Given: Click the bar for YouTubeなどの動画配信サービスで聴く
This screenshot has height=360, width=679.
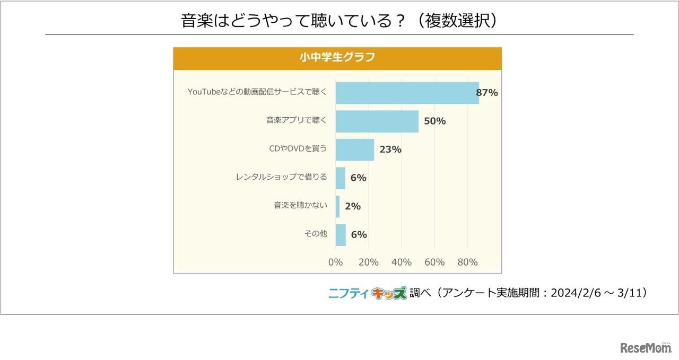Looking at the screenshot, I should click(x=407, y=93).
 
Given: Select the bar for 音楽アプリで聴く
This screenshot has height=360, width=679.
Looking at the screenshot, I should click(x=377, y=121).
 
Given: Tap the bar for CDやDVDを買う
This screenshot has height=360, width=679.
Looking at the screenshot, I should click(x=354, y=150).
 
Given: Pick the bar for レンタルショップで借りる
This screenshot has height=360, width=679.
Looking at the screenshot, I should click(x=340, y=178).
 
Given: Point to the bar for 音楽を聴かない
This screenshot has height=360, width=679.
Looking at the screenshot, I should click(x=337, y=206).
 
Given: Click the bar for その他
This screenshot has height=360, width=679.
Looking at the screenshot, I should click(x=340, y=235).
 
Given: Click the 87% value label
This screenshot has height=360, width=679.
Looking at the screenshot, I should click(x=486, y=93).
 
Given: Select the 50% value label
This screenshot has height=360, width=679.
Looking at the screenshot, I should click(x=434, y=121).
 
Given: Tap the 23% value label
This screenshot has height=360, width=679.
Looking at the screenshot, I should click(x=390, y=150).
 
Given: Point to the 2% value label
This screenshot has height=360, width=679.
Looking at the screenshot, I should click(x=353, y=206).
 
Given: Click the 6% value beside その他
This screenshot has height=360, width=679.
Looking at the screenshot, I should click(x=359, y=235).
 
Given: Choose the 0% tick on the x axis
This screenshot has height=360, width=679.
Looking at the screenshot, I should click(x=335, y=262).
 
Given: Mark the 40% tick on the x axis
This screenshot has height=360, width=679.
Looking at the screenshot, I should click(x=401, y=262).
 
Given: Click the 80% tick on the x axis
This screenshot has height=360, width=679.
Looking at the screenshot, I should click(x=467, y=262).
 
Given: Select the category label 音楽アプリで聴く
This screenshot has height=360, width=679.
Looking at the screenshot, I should click(x=297, y=120).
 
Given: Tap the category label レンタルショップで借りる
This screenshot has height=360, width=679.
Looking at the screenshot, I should click(x=281, y=177).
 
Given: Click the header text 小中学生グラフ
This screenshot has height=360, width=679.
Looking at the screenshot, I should click(x=337, y=58).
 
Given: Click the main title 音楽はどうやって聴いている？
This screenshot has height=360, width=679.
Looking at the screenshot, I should click(x=294, y=21).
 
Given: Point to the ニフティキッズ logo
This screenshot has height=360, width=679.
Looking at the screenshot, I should click(x=368, y=293).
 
